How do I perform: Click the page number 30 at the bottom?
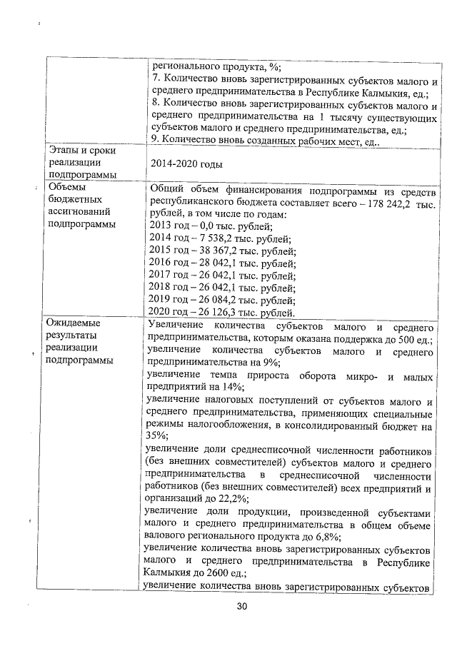tap(241, 607)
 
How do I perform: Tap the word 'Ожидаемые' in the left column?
tap(74, 323)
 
